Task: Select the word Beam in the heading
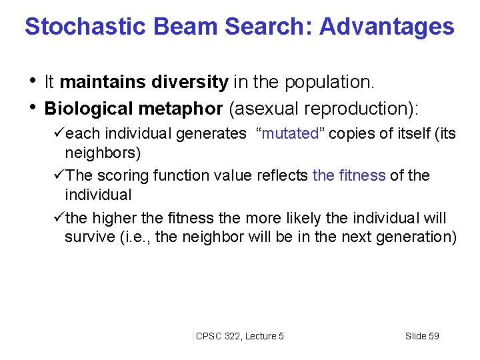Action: (x=176, y=27)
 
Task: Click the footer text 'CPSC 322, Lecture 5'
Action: (x=240, y=336)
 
